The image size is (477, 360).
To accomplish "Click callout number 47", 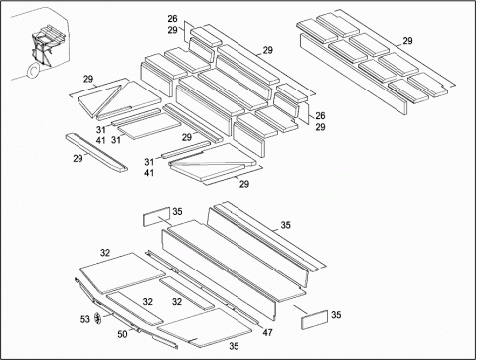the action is (267, 332).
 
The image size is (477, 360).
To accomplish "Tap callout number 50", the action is (122, 334).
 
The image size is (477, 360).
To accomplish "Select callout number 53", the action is (85, 319).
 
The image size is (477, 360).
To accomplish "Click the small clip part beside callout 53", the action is (97, 318).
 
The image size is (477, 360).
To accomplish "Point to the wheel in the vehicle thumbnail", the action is (34, 71).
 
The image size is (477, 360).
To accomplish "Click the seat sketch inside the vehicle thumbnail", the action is (46, 43).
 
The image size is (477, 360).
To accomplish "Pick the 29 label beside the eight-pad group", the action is (407, 41).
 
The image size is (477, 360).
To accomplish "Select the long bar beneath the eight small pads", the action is (354, 74).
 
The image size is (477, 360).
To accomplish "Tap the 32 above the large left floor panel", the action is (105, 253).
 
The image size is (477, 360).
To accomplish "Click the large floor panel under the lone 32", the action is (122, 272).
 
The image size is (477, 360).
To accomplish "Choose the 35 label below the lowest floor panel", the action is (234, 346).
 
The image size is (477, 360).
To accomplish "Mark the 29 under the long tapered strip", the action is (78, 159).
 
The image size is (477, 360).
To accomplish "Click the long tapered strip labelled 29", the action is (96, 152).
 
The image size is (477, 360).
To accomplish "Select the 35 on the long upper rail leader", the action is (285, 225).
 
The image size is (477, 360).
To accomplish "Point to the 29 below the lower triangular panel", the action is (244, 184).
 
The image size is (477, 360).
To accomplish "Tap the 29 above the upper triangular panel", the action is (88, 79).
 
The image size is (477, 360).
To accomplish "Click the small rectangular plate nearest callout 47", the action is (314, 320).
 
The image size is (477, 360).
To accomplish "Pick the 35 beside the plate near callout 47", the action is (336, 315).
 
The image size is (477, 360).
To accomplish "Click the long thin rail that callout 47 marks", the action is (203, 287).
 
